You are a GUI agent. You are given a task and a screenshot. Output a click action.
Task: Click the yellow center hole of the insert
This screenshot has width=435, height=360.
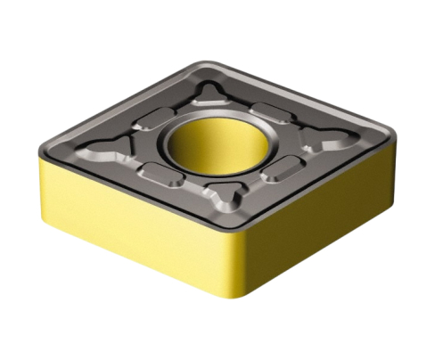[217, 143]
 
